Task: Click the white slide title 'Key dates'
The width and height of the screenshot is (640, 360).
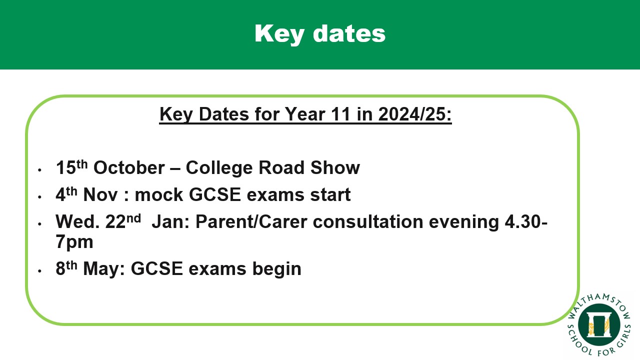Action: coord(320,34)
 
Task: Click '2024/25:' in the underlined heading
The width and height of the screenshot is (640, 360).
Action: coord(415,114)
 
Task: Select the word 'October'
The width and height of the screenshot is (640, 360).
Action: coord(129,167)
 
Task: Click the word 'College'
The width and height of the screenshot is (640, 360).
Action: coord(219,168)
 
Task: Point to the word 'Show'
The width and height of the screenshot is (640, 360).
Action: coord(335,167)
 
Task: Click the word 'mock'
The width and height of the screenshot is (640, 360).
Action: coord(158,195)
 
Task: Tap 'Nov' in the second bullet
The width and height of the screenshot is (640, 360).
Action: coord(100,195)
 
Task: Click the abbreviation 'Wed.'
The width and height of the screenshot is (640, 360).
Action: coord(77,221)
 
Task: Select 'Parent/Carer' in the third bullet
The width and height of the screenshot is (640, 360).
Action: coord(251,221)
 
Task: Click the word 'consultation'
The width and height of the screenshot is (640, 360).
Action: coord(367,221)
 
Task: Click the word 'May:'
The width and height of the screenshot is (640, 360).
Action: coord(104,269)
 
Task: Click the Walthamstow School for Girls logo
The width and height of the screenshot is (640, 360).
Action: coord(599,325)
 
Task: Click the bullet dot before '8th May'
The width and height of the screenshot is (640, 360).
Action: coord(39,271)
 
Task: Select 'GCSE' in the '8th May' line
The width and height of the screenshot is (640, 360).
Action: coord(157,269)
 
